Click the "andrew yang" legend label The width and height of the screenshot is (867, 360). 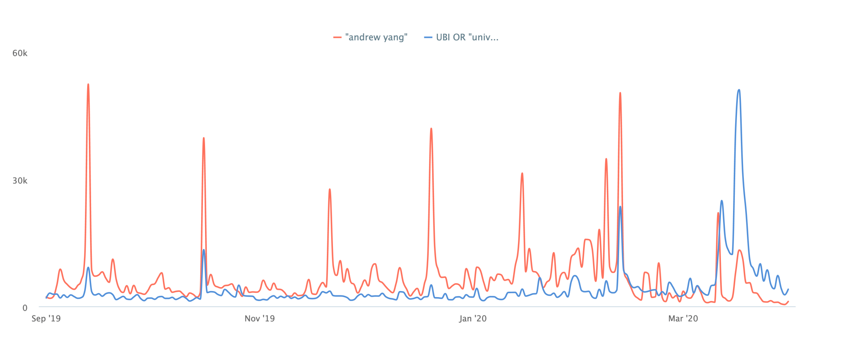coord(376,37)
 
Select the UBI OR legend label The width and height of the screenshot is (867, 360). coord(467,37)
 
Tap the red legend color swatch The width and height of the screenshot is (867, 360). coord(337,37)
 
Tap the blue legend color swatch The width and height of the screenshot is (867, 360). coord(428,37)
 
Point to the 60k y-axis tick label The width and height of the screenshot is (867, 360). coord(20,53)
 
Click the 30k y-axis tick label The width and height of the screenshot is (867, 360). coord(20,180)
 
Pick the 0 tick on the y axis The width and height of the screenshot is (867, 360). coord(25,308)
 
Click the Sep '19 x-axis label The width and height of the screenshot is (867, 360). coord(46,319)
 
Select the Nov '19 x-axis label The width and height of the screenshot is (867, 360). coord(259,319)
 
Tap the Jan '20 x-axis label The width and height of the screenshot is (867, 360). coord(473,319)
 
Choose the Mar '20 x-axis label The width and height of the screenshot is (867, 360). coord(683,319)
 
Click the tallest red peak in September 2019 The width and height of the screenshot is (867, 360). coord(88,85)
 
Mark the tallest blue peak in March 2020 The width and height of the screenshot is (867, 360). coord(739,90)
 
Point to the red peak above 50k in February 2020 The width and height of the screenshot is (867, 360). coord(620,93)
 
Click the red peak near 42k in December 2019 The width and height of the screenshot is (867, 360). coord(431,129)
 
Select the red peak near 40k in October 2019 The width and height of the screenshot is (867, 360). coord(204,138)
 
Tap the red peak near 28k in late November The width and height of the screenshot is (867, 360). coord(330,189)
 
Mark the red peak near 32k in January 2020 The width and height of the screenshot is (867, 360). coord(522,173)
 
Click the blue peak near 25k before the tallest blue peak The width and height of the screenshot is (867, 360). coord(722,201)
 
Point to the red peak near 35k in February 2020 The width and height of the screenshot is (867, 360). coord(606,159)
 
